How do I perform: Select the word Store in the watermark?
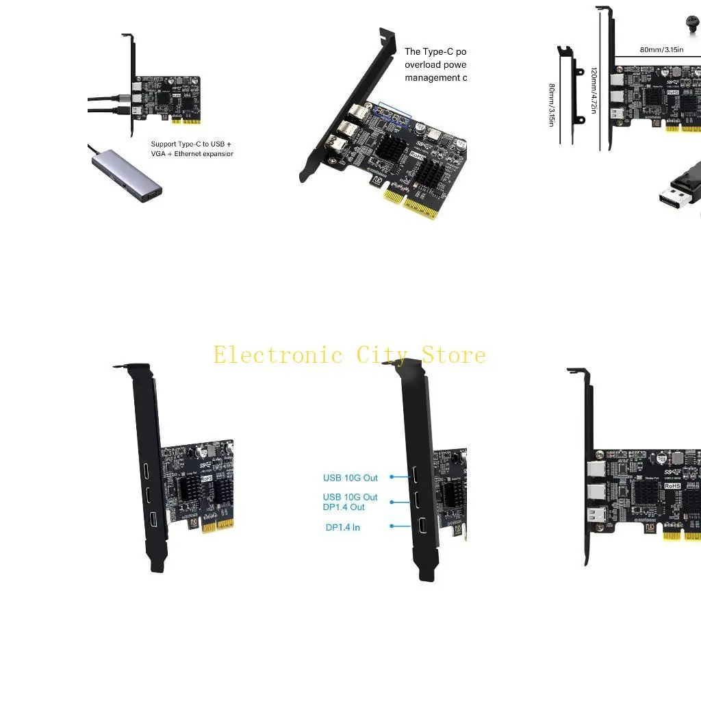click(453, 355)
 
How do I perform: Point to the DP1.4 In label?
click(342, 527)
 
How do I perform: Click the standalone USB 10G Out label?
click(350, 478)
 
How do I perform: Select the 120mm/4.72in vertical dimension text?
click(594, 90)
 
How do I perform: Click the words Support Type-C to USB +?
click(191, 144)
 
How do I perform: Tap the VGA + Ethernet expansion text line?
click(192, 154)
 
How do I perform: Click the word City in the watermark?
click(380, 355)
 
